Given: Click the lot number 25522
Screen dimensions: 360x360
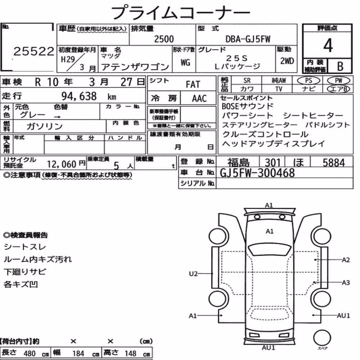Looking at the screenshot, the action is click(x=34, y=51).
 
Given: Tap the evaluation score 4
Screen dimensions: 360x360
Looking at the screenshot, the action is click(x=328, y=45).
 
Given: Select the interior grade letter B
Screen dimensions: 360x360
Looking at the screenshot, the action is click(x=340, y=66).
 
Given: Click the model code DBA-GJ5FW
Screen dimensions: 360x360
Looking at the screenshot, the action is click(x=248, y=39).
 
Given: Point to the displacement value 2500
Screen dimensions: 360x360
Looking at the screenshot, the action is click(x=164, y=39).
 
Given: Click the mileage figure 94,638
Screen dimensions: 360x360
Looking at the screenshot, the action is click(x=79, y=96).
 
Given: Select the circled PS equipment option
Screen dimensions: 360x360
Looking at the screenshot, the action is click(x=309, y=80).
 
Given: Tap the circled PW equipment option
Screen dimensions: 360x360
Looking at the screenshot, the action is click(x=338, y=80).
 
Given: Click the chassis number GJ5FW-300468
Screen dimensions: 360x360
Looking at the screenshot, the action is click(x=257, y=173).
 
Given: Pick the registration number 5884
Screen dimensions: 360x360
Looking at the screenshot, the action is click(x=334, y=163).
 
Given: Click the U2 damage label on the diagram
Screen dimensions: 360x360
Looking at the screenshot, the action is click(x=193, y=274).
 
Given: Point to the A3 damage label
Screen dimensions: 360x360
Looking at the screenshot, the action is click(x=346, y=282).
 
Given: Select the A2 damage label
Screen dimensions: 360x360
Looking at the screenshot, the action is click(x=346, y=260).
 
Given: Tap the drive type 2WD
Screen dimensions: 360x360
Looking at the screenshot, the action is click(x=287, y=61).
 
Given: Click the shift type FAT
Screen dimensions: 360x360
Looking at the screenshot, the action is click(x=193, y=85).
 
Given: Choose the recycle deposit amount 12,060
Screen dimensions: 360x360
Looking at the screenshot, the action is click(x=62, y=164).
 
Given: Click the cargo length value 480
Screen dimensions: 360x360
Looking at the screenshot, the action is click(x=30, y=354).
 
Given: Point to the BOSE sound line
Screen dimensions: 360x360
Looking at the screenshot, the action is click(x=248, y=106).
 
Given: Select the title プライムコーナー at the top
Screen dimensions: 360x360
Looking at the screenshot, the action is click(x=180, y=13).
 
